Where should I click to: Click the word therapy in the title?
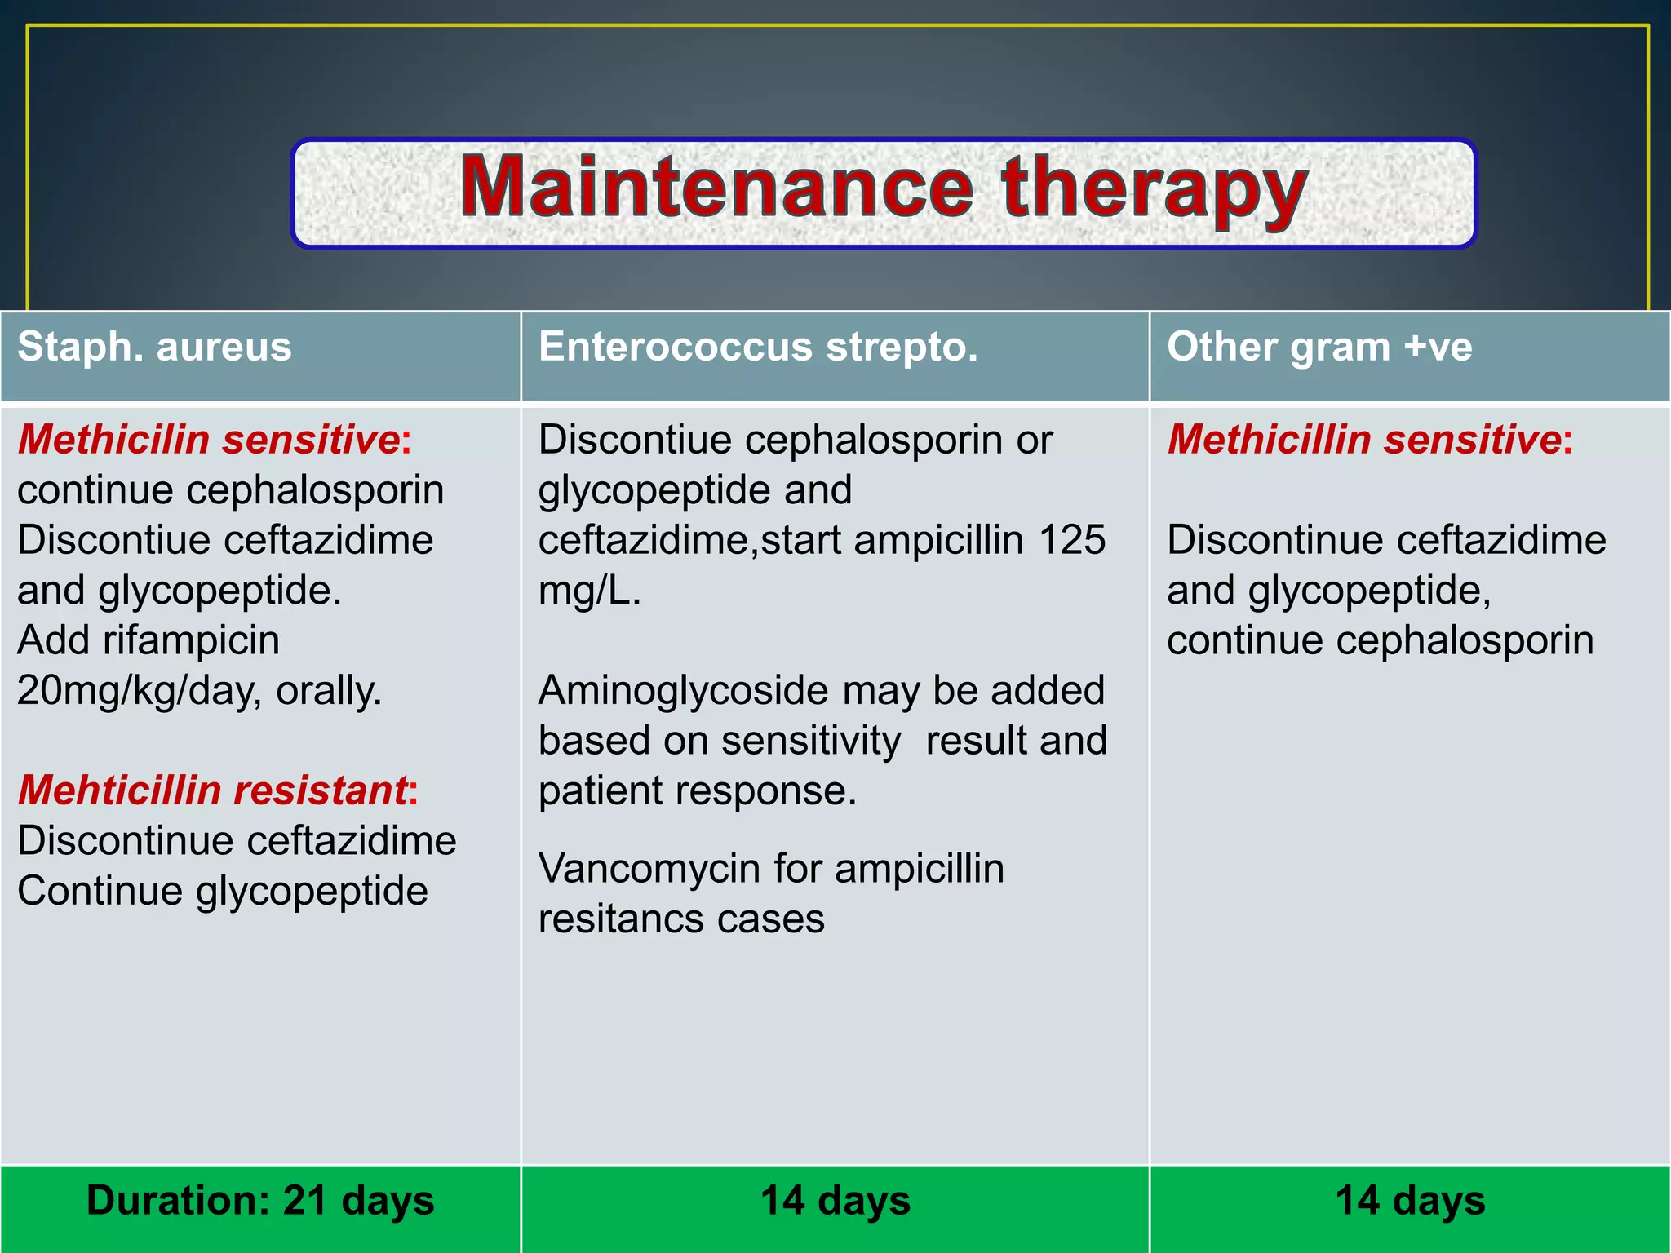1154,188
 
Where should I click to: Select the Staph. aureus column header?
154,347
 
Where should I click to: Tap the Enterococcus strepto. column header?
758,347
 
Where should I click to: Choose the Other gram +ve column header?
1319,347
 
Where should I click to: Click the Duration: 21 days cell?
260,1201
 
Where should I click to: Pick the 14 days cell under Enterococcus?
835,1201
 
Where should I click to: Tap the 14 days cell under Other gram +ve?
1410,1201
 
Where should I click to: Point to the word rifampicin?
191,640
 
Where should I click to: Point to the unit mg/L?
589,591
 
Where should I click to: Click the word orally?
328,691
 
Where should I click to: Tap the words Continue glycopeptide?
222,891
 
